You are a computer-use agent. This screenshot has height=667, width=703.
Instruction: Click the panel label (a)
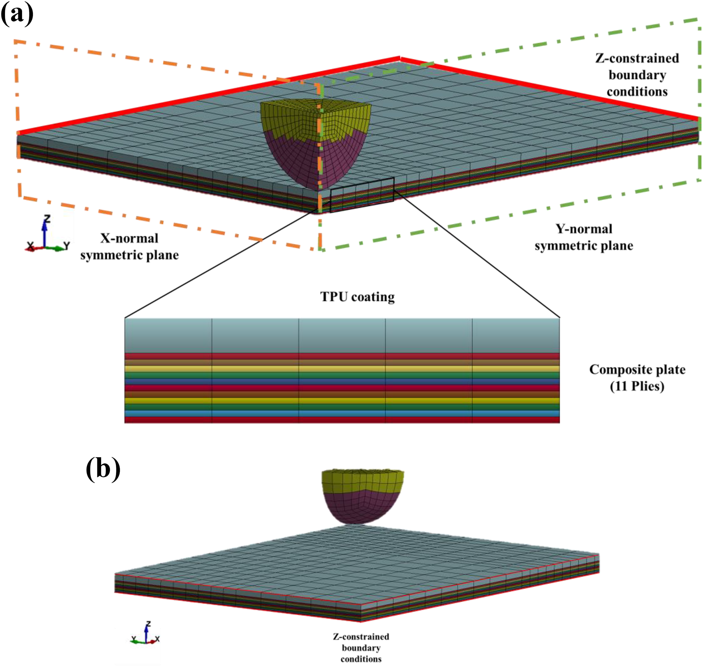point(17,15)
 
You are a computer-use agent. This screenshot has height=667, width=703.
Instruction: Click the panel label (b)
point(103,469)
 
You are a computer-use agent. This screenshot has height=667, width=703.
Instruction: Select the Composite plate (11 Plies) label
point(637,378)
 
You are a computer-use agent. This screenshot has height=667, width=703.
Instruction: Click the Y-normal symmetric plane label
point(584,237)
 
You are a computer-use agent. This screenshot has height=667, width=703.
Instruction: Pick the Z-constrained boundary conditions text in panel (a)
point(637,75)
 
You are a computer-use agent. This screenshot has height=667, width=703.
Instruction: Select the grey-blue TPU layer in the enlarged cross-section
point(342,336)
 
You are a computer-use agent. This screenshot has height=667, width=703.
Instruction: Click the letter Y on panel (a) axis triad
point(66,245)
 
